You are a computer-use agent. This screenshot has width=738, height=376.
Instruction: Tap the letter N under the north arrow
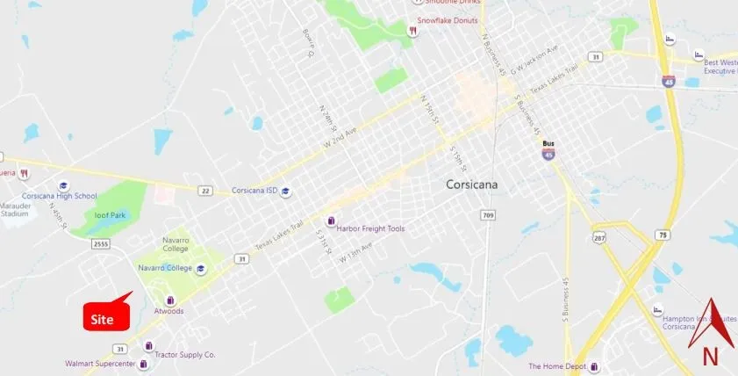711,356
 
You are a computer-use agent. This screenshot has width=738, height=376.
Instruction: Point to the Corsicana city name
473,184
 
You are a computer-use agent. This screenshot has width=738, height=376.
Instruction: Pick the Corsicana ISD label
254,191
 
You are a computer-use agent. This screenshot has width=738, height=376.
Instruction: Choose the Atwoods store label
168,311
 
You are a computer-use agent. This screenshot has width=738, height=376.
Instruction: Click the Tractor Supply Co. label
185,355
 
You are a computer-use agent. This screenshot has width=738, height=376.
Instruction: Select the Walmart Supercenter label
100,363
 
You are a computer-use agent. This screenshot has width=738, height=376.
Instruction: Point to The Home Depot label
557,365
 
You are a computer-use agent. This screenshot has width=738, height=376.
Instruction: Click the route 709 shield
489,214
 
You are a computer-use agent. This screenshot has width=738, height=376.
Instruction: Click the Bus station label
548,143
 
